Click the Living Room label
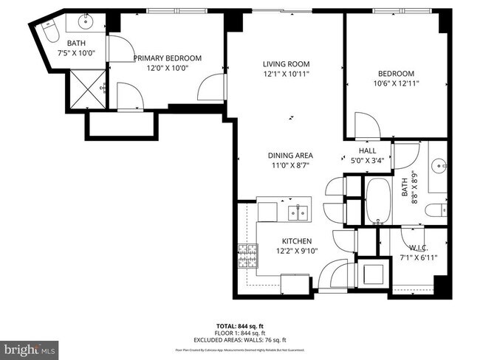286,63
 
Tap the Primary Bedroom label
167,58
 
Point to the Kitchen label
297,241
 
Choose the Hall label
368,150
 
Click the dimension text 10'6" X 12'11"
396,83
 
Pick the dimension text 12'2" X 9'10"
297,252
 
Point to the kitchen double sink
298,213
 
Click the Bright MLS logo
30,346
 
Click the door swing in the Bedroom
367,124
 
